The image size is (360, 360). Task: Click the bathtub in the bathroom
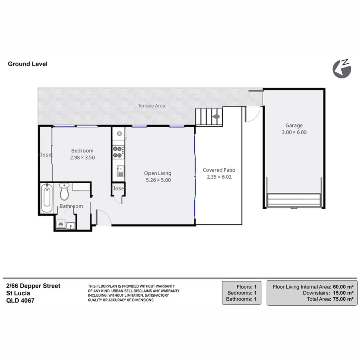point(46,198)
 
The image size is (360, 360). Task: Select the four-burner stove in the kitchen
point(118,151)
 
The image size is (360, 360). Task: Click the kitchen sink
point(120,171)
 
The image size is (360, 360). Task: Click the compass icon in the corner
point(342,68)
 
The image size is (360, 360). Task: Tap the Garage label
point(294,125)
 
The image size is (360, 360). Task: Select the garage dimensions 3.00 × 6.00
point(294,132)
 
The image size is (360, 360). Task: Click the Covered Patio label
point(219,170)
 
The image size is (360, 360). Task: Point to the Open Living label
point(158,173)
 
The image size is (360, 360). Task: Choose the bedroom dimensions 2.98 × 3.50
point(82,158)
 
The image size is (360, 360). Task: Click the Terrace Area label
point(152,106)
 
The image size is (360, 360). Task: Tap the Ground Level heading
point(28,64)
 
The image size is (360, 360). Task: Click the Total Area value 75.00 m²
point(343,299)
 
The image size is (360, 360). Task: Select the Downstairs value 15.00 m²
point(343,293)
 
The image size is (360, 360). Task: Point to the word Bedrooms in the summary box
point(239,293)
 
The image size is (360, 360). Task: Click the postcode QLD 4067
point(20,300)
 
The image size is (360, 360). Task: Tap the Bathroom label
point(71,206)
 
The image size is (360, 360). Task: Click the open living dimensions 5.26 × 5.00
point(158,180)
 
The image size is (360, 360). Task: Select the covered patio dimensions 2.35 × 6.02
point(219,177)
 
